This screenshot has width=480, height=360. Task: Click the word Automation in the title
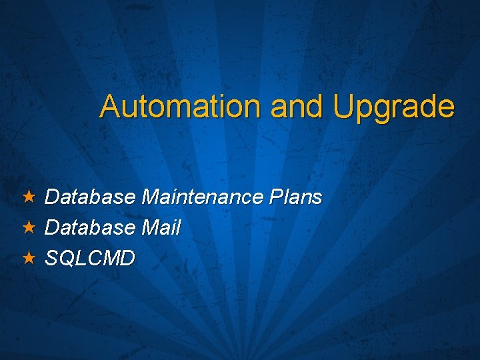coord(181,107)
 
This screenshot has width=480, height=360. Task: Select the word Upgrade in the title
coord(393,107)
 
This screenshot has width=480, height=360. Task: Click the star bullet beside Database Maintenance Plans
coord(28,197)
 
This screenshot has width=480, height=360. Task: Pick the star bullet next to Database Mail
coord(28,227)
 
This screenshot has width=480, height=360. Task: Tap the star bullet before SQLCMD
coord(28,257)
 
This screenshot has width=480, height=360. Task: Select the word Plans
coord(297,197)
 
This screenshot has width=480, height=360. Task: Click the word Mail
coord(161,228)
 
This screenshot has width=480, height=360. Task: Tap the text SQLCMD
coord(89,258)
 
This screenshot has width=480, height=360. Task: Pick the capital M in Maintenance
coord(151,197)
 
